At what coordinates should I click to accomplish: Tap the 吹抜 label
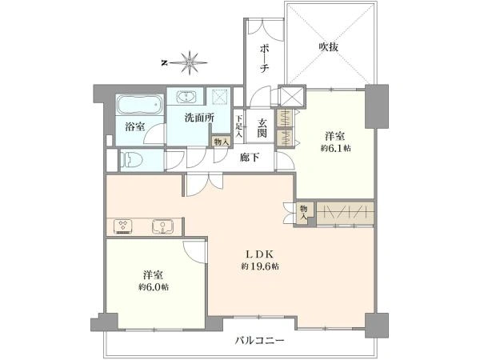tap(329, 46)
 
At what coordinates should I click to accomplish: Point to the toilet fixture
tap(135, 158)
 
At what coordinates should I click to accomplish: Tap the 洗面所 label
tap(198, 118)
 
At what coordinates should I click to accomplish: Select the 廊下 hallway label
tap(250, 157)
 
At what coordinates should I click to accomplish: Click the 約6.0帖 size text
tap(151, 286)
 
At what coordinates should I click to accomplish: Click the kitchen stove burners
tap(123, 225)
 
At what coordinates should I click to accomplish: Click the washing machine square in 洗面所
tap(220, 98)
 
